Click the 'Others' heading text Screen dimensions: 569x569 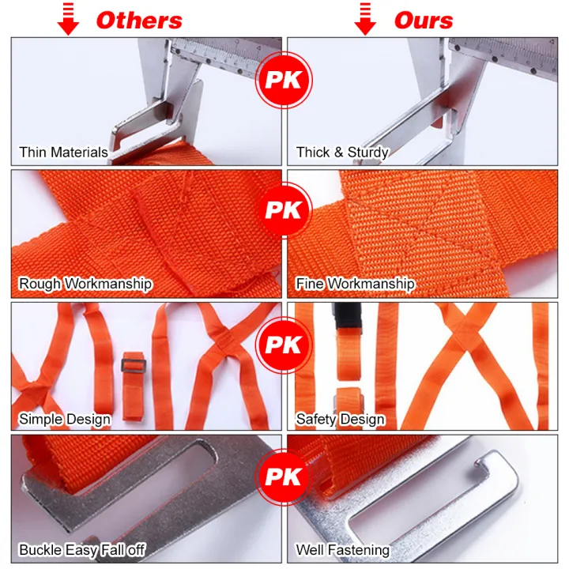point(139,21)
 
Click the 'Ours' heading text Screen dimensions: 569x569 point(424,21)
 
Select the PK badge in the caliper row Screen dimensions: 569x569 point(284,79)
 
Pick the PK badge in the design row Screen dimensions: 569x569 point(284,345)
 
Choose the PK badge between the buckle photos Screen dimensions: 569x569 point(284,478)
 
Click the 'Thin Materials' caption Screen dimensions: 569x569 point(63,152)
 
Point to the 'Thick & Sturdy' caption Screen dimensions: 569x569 point(342,152)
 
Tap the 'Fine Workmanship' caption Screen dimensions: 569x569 point(355,284)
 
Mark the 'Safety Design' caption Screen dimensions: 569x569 point(341,419)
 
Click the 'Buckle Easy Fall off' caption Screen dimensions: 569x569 point(82,549)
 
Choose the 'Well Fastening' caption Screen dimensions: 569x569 point(342,549)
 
